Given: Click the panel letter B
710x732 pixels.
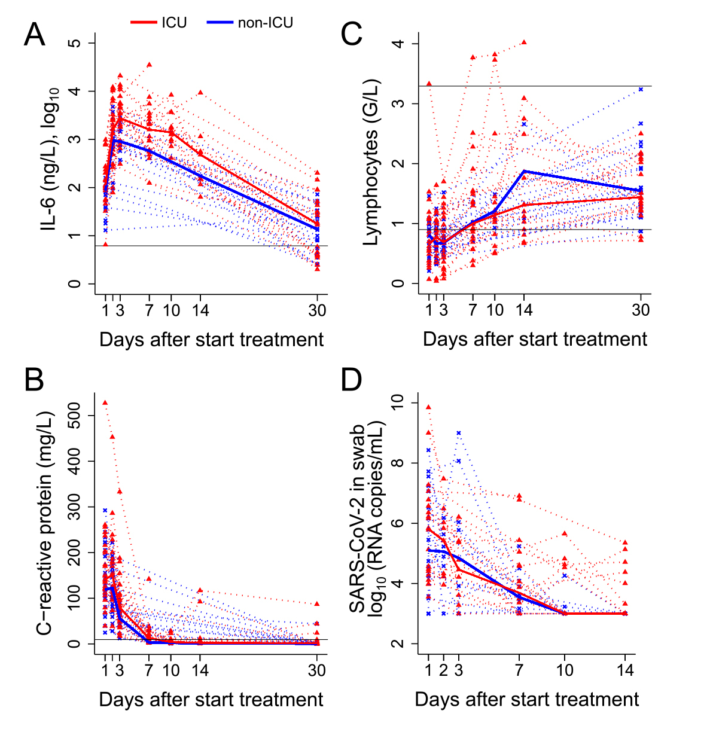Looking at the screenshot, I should pos(34,380).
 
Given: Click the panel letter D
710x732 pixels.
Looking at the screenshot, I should pos(352,380).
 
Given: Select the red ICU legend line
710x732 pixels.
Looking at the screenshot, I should pos(144,23).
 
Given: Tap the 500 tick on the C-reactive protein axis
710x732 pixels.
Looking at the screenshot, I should pos(90,415).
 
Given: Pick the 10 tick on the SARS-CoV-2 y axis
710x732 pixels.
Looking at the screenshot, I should pos(413,402).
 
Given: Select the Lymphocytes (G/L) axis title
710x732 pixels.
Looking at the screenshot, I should pos(372,161).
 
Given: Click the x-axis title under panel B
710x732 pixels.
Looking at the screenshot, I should pos(211,699).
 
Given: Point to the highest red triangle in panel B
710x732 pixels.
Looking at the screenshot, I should pos(105,402).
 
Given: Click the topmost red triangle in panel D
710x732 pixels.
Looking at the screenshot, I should pos(428,407).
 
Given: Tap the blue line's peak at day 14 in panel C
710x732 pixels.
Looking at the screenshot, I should pos(524,171).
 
